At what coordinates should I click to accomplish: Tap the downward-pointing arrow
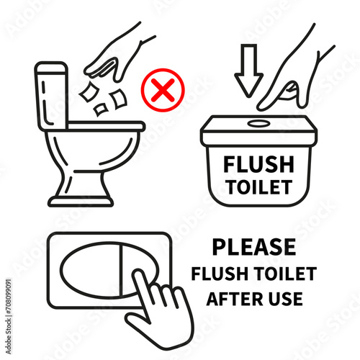point(249,71)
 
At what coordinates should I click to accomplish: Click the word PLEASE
point(254,247)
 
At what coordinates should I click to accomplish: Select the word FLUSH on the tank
point(258,164)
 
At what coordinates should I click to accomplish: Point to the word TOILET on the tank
point(260,187)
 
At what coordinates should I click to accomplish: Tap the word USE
point(286,299)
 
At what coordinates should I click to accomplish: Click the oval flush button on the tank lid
point(259,124)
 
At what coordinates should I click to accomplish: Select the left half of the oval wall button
point(90,270)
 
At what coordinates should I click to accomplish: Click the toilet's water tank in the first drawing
point(51,96)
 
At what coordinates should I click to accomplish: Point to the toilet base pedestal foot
point(81,202)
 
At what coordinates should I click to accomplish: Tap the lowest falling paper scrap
point(101,109)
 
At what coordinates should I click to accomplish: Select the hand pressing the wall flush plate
point(158,310)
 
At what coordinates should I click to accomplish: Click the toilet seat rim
point(107,127)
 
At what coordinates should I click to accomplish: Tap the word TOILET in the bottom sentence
point(285,274)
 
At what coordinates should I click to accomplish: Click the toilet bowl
point(92,151)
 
